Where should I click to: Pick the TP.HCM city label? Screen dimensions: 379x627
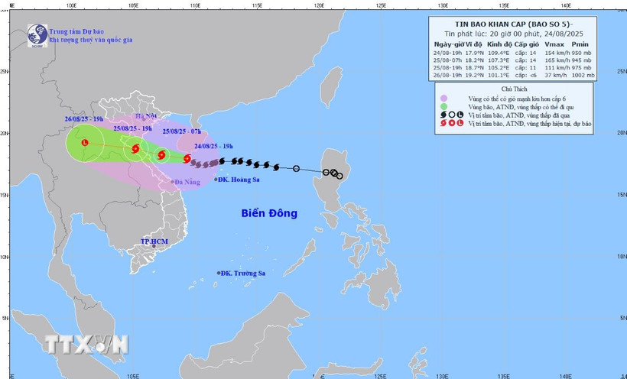pos(153,241)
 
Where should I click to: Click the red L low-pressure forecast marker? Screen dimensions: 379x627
pos(84,142)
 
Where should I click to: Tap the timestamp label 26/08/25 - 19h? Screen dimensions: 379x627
pos(84,120)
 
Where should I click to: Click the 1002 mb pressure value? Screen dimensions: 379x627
pos(583,73)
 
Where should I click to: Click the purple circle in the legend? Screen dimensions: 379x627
pos(444,99)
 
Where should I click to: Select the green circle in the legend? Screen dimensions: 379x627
pos(444,107)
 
